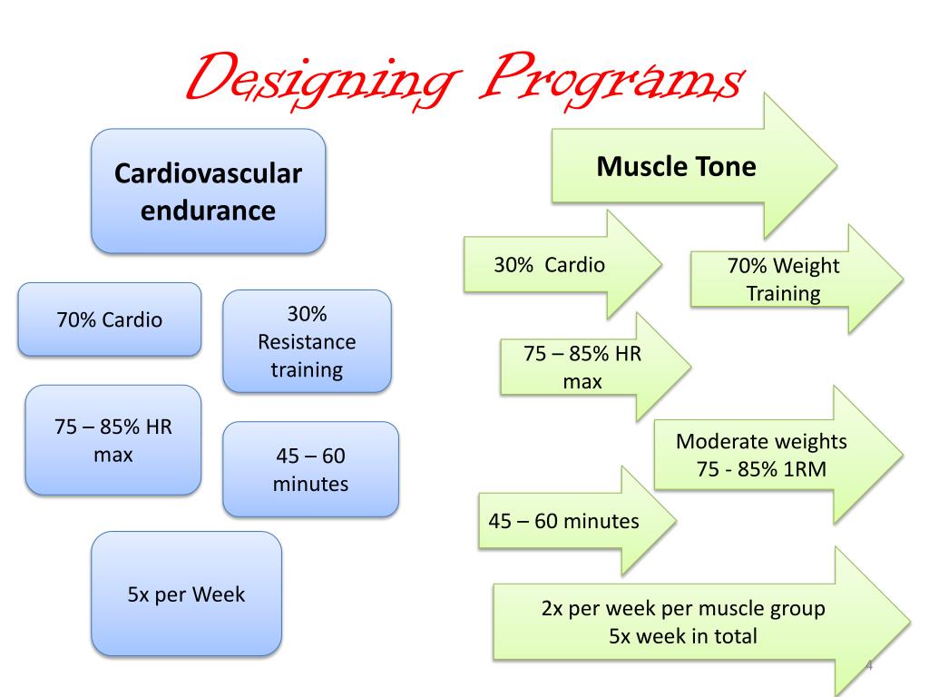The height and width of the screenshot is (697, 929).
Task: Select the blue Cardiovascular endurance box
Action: [x=208, y=191]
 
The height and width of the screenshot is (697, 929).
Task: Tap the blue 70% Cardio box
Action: [x=110, y=319]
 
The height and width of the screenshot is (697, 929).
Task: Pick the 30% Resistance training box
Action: [x=307, y=341]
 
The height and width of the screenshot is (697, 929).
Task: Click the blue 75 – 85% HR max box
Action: [x=112, y=440]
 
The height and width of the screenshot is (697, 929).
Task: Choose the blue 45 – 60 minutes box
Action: [x=310, y=469]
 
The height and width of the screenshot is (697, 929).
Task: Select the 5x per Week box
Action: [x=186, y=594]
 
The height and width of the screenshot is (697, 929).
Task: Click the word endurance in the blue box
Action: [x=208, y=211]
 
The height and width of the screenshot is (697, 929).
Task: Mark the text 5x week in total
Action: [x=682, y=636]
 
